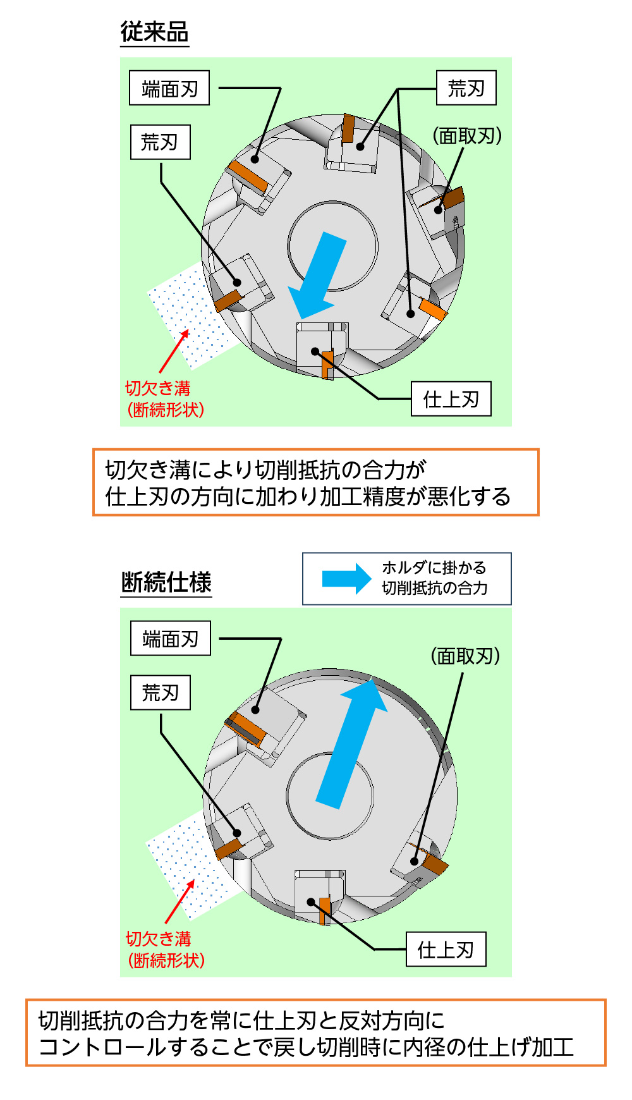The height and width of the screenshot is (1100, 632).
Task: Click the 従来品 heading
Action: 154,32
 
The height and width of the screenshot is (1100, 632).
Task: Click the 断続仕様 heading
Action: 166,582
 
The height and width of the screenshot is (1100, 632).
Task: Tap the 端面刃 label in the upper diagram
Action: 169,89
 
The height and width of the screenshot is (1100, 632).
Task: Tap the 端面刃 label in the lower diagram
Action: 170,639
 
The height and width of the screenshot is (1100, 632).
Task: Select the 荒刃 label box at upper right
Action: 466,88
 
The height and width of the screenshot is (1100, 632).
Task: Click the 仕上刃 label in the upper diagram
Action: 451,399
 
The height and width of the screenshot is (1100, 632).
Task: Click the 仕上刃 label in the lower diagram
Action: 446,949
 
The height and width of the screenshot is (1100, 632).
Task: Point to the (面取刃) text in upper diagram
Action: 467,136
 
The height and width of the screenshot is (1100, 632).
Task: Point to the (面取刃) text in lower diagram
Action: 466,656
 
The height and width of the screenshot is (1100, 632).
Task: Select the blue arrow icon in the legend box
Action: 346,578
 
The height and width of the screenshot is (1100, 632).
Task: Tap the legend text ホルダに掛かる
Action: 434,568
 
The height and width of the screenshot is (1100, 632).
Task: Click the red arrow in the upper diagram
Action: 174,351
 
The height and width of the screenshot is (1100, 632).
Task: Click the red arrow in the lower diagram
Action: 179,901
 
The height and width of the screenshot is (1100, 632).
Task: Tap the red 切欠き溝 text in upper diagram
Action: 158,388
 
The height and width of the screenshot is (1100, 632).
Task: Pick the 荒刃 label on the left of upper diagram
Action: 160,142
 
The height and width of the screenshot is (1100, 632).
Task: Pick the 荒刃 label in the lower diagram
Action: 160,693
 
